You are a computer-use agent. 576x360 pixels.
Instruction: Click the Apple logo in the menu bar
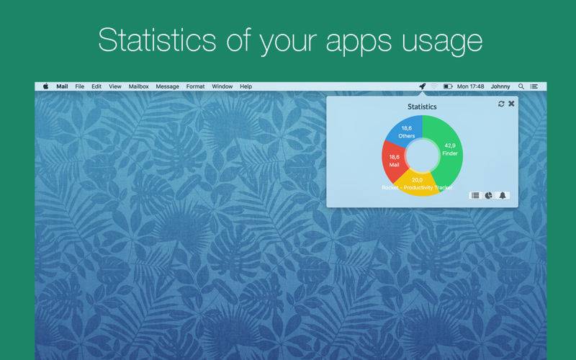coord(45,86)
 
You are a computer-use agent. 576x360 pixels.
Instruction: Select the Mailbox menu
coord(138,86)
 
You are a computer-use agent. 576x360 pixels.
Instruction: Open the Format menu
coord(195,86)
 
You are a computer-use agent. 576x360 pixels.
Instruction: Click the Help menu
coord(246,86)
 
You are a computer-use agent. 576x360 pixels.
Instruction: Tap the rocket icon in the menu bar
coord(423,86)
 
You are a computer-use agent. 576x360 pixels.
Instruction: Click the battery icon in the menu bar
coord(448,86)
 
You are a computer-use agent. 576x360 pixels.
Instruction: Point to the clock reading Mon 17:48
coord(471,86)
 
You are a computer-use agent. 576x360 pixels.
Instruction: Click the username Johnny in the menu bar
coord(500,86)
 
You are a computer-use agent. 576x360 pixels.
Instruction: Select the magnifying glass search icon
coord(521,86)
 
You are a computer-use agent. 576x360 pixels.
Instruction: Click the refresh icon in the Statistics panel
coord(501,104)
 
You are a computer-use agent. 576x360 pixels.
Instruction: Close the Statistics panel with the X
coord(511,104)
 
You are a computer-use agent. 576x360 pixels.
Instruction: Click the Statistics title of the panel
coord(422,107)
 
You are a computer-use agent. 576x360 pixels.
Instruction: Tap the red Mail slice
coord(394,161)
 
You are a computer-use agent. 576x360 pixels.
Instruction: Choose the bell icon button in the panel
coord(503,195)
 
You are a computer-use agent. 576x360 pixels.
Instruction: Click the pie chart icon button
coord(489,195)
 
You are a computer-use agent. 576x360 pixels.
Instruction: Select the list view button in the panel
coord(475,195)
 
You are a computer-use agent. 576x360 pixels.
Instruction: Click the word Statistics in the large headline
coord(157,40)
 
